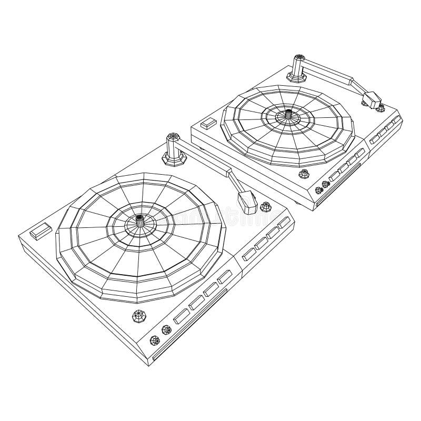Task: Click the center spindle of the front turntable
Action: tap(141, 222)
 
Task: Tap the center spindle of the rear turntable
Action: tap(289, 115)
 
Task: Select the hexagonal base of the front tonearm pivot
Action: tap(172, 157)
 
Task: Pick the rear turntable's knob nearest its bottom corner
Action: tap(318, 191)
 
